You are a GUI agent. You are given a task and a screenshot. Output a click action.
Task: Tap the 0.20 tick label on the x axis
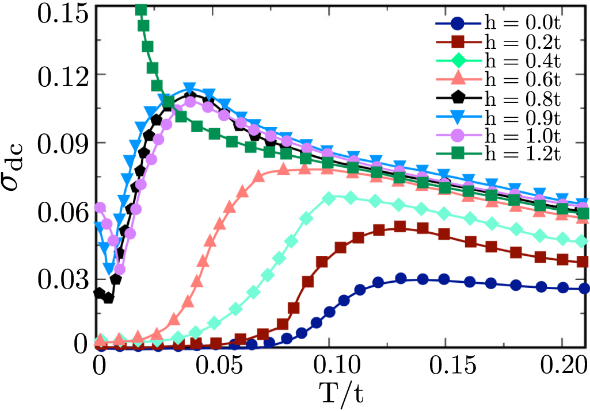pos(559,367)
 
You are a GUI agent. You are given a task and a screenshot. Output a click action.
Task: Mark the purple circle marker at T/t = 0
pos(101,208)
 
